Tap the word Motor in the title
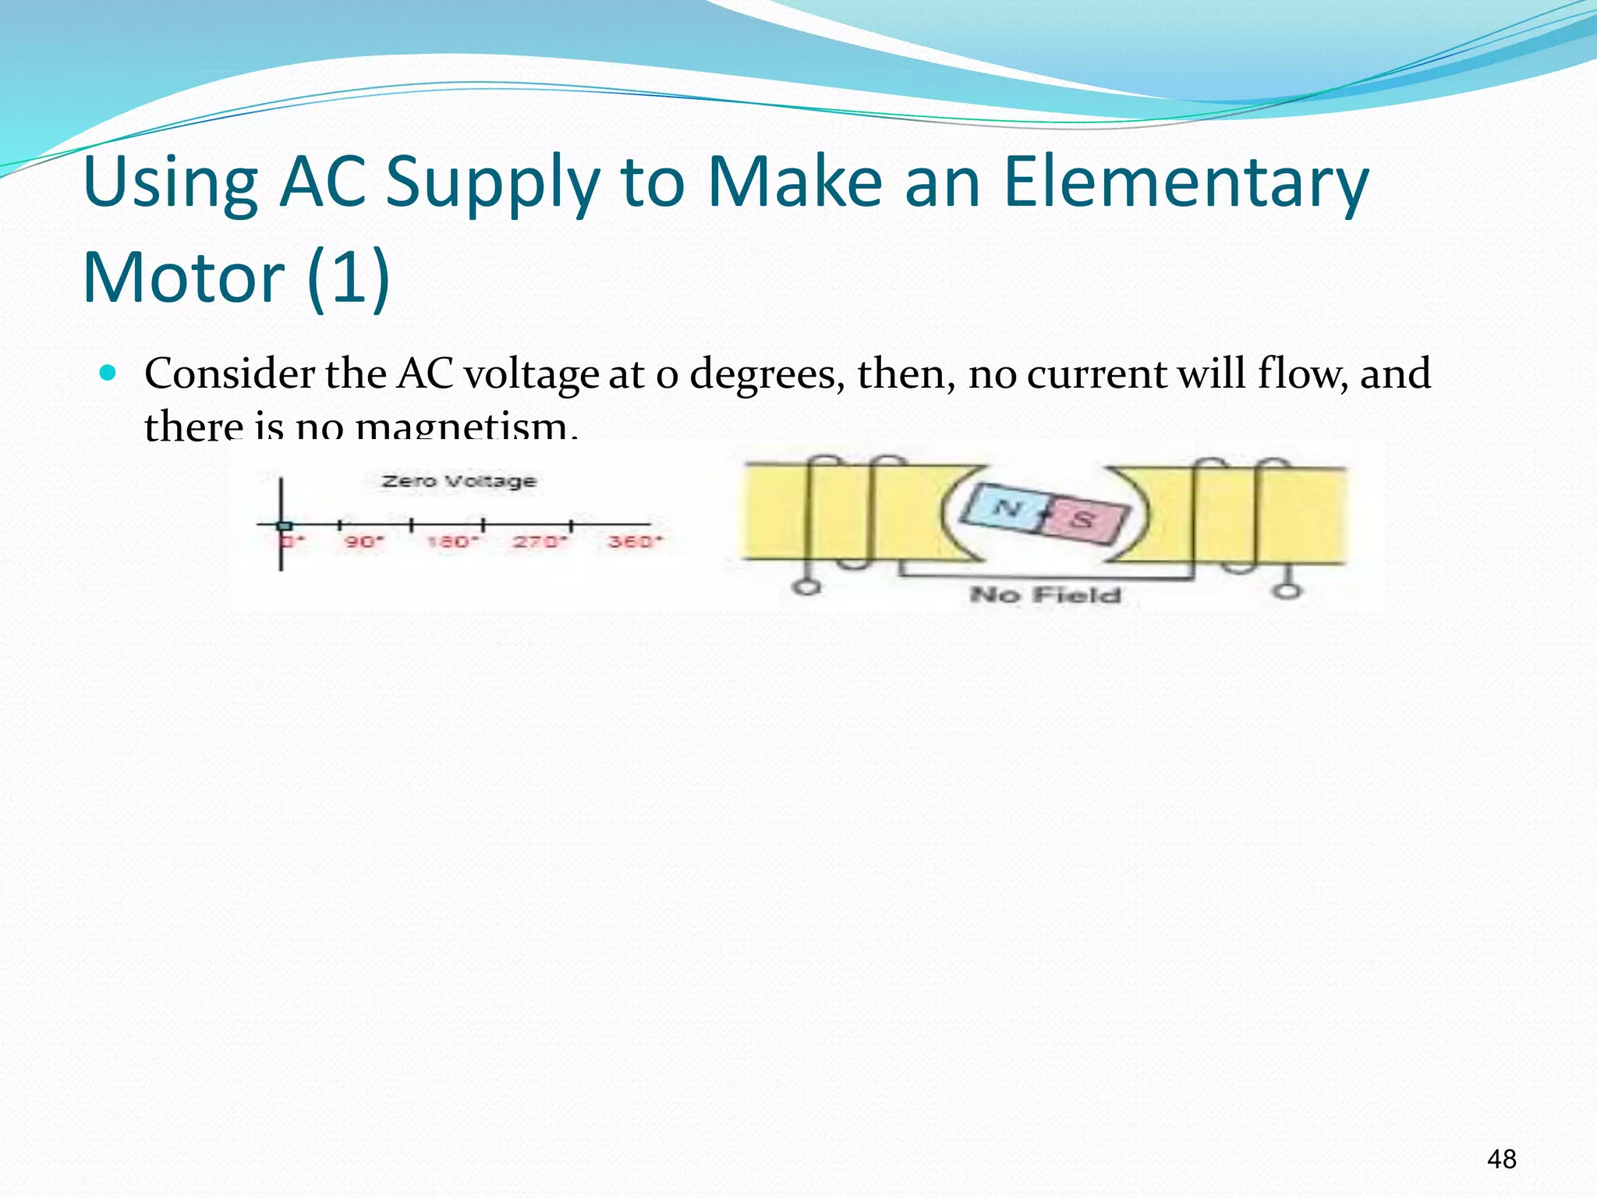(184, 278)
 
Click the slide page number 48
(1501, 1159)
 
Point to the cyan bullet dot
(108, 373)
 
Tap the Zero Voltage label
(459, 481)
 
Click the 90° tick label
(363, 541)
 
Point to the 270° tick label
(537, 541)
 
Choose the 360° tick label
(634, 541)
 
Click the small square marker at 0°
(284, 526)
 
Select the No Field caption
(1045, 595)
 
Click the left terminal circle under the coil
(807, 587)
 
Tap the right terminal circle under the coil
(1287, 590)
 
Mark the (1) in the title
(348, 278)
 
